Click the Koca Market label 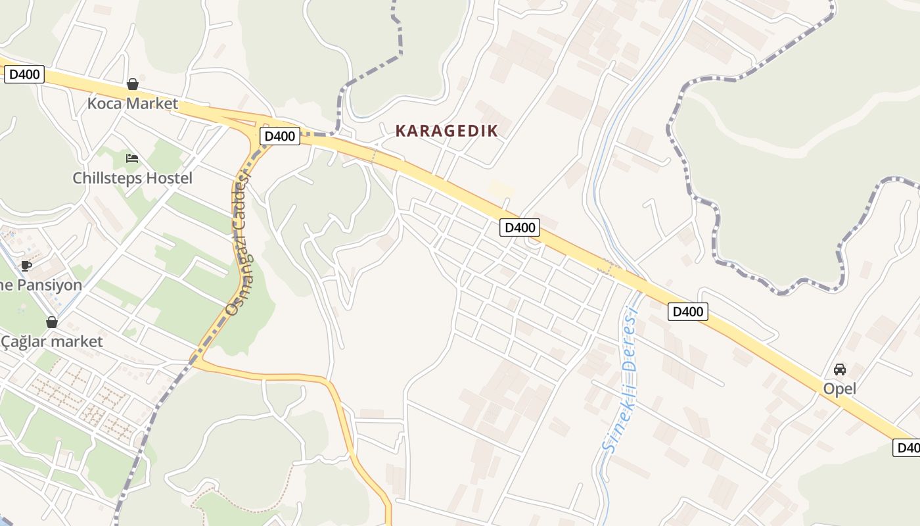coord(132,104)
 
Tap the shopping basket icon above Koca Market coord(133,84)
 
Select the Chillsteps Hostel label coord(132,178)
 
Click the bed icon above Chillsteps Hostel coord(132,158)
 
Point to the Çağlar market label coord(52,342)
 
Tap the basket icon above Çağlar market coord(52,322)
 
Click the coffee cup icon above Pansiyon coord(26,266)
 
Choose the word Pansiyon coord(49,285)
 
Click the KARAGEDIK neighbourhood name coord(446,131)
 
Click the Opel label coord(839,389)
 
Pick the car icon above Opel coord(839,370)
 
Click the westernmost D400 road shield coord(24,74)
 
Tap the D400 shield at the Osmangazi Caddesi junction coord(280,136)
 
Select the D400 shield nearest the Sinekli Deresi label coord(687,312)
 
